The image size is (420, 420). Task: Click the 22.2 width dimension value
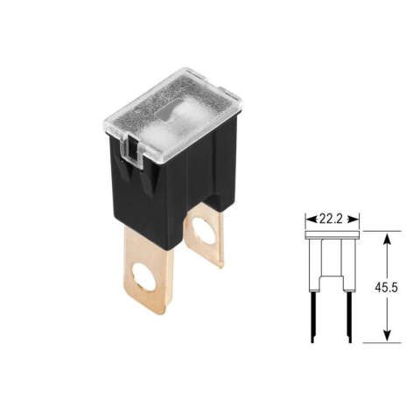332,219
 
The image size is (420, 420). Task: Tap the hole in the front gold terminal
143,276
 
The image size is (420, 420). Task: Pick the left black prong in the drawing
312,317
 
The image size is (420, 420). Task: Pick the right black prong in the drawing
350,317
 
